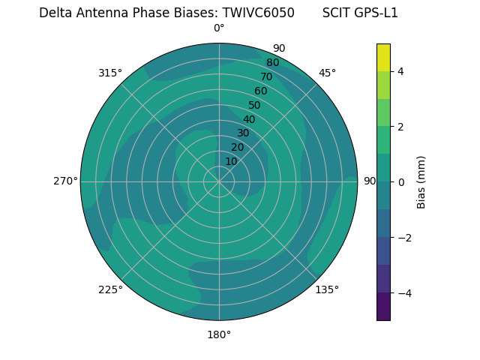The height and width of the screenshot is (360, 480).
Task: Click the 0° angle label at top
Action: pyautogui.click(x=219, y=28)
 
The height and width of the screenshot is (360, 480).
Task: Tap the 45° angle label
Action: pyautogui.click(x=327, y=73)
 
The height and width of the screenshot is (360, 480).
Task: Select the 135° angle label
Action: pyautogui.click(x=327, y=289)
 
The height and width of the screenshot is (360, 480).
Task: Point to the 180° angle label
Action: pyautogui.click(x=219, y=334)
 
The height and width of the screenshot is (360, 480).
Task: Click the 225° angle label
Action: pyautogui.click(x=110, y=289)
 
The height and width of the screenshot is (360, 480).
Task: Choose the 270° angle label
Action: pyautogui.click(x=65, y=181)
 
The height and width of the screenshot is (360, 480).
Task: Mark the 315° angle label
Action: pyautogui.click(x=110, y=73)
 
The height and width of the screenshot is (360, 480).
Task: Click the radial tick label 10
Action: pyautogui.click(x=231, y=161)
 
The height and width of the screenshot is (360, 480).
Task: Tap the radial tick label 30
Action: pyautogui.click(x=243, y=133)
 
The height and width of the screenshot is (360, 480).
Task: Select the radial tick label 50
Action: pyautogui.click(x=254, y=106)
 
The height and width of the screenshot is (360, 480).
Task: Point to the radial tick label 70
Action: pyautogui.click(x=266, y=77)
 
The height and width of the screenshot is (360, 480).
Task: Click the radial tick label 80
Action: pyautogui.click(x=272, y=63)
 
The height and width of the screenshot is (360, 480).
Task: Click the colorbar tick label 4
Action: pyautogui.click(x=401, y=71)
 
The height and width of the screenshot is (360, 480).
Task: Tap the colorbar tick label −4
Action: pyautogui.click(x=403, y=293)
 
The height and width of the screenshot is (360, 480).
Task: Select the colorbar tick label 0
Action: pyautogui.click(x=401, y=182)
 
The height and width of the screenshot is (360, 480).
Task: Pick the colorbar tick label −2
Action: pyautogui.click(x=403, y=238)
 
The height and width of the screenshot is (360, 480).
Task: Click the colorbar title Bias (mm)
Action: pyautogui.click(x=421, y=182)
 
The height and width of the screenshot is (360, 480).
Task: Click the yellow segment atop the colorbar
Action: pyautogui.click(x=383, y=57)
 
